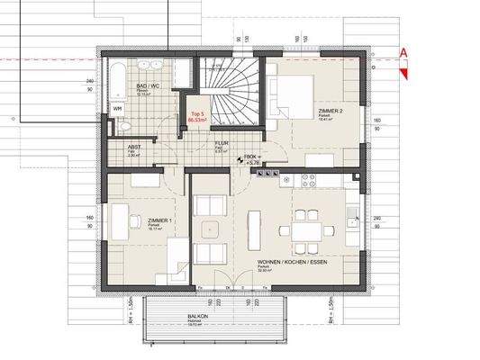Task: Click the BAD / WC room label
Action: (x=149, y=85)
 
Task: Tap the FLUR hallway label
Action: (x=220, y=145)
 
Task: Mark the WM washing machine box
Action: (x=118, y=110)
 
